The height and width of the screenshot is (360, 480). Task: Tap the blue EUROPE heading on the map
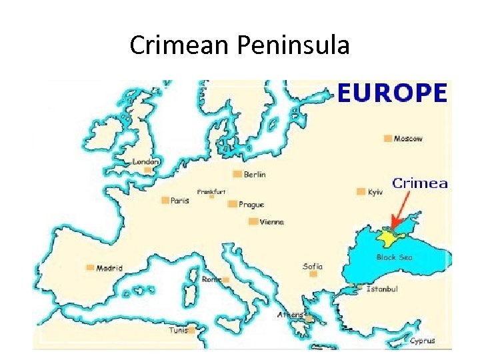click(391, 93)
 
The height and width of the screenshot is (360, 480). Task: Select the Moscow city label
click(408, 139)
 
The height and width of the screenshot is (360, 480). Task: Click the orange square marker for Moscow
click(387, 139)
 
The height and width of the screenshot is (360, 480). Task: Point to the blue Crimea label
click(419, 183)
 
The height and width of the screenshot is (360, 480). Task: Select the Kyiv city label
click(375, 192)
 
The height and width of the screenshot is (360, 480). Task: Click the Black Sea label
click(395, 257)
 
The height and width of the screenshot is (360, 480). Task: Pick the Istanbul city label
click(383, 289)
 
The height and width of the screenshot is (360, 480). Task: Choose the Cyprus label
click(422, 341)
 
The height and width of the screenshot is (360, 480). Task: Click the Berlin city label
click(255, 175)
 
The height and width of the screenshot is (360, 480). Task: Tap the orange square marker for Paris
click(165, 199)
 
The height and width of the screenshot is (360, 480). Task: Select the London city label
click(146, 161)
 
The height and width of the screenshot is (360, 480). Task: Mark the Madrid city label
click(109, 268)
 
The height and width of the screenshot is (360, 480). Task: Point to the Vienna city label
click(272, 222)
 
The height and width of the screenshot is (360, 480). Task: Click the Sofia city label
click(313, 266)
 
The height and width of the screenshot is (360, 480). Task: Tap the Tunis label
click(178, 330)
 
